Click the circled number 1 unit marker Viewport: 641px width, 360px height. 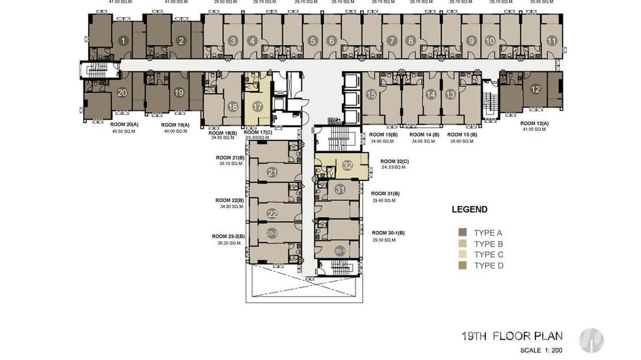[123, 41]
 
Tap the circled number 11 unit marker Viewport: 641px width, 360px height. [552, 41]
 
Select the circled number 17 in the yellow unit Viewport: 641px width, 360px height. [257, 106]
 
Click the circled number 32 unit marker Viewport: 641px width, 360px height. [347, 166]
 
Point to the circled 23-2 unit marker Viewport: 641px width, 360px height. [272, 233]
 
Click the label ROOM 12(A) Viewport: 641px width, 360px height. [534, 124]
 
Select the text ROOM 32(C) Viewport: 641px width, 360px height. [395, 161]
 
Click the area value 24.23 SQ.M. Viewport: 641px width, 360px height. [394, 168]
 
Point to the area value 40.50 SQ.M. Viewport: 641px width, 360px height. [124, 131]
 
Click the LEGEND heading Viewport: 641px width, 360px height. [470, 209]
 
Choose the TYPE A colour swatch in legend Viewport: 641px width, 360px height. [462, 233]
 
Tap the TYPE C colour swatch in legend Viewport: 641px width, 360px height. [462, 254]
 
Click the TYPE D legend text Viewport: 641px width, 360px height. [489, 266]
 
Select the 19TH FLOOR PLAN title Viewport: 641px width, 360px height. [512, 336]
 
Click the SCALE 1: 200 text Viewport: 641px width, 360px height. [541, 350]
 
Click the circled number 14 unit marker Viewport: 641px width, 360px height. [431, 95]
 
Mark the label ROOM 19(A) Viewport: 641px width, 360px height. [175, 125]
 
